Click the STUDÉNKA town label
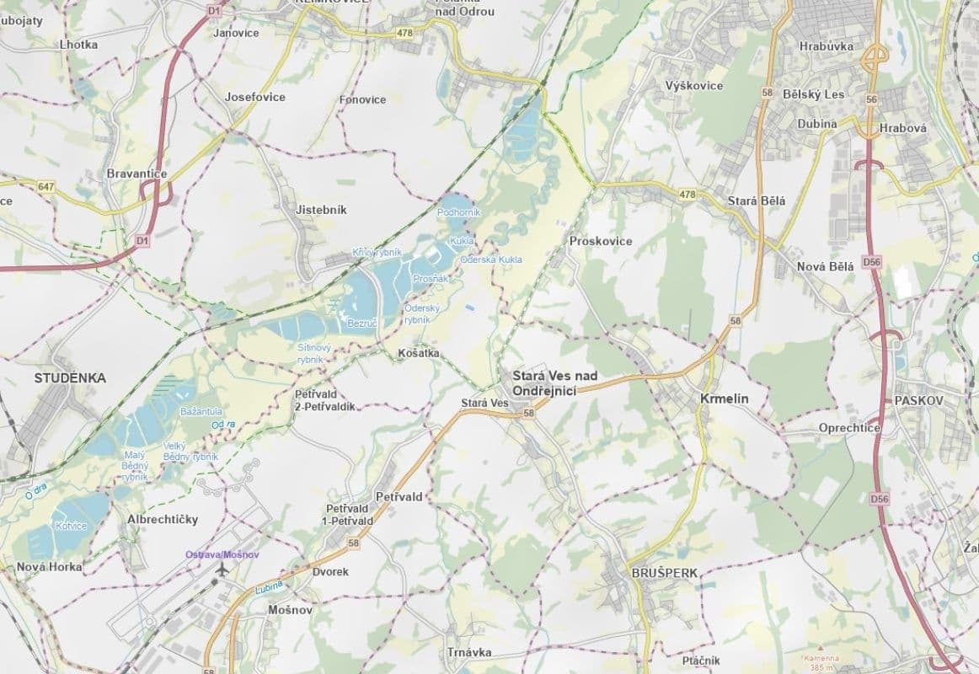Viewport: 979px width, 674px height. click(70, 378)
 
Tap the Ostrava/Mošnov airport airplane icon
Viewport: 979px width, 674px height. click(222, 570)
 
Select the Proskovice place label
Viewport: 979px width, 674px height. click(601, 241)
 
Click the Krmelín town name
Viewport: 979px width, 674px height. click(724, 399)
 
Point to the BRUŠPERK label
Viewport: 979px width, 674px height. click(665, 573)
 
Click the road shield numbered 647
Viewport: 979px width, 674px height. click(45, 185)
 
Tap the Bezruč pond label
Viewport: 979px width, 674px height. click(361, 324)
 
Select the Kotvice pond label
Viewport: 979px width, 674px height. click(71, 526)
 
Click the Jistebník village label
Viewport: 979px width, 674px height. click(321, 209)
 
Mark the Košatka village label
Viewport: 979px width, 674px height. click(418, 354)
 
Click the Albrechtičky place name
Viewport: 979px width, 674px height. click(163, 520)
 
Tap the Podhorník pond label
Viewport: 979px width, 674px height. click(458, 212)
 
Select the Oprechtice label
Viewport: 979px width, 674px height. click(849, 428)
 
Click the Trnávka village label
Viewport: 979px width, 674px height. click(469, 652)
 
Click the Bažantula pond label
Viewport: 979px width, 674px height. click(201, 409)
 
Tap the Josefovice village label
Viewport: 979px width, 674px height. click(254, 97)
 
